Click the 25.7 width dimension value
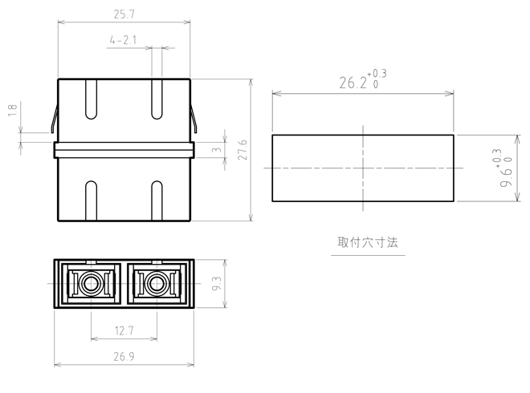pyautogui.click(x=124, y=14)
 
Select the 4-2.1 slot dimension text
pyautogui.click(x=123, y=40)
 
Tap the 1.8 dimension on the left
pyautogui.click(x=13, y=111)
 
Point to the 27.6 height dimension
pyautogui.click(x=243, y=150)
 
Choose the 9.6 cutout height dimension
pyautogui.click(x=506, y=168)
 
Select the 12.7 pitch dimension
pyautogui.click(x=124, y=330)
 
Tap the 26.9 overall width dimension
pyautogui.click(x=124, y=357)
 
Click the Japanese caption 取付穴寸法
pyautogui.click(x=368, y=242)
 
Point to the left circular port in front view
pyautogui.click(x=91, y=284)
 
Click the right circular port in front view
pyautogui.click(x=157, y=284)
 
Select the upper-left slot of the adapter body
pyautogui.click(x=91, y=99)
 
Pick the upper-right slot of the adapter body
pyautogui.click(x=157, y=99)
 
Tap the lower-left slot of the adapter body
pyautogui.click(x=91, y=201)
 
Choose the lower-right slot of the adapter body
pyautogui.click(x=157, y=201)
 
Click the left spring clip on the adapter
pyautogui.click(x=55, y=118)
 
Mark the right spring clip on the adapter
pyautogui.click(x=194, y=118)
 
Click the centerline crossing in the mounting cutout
pyautogui.click(x=363, y=168)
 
